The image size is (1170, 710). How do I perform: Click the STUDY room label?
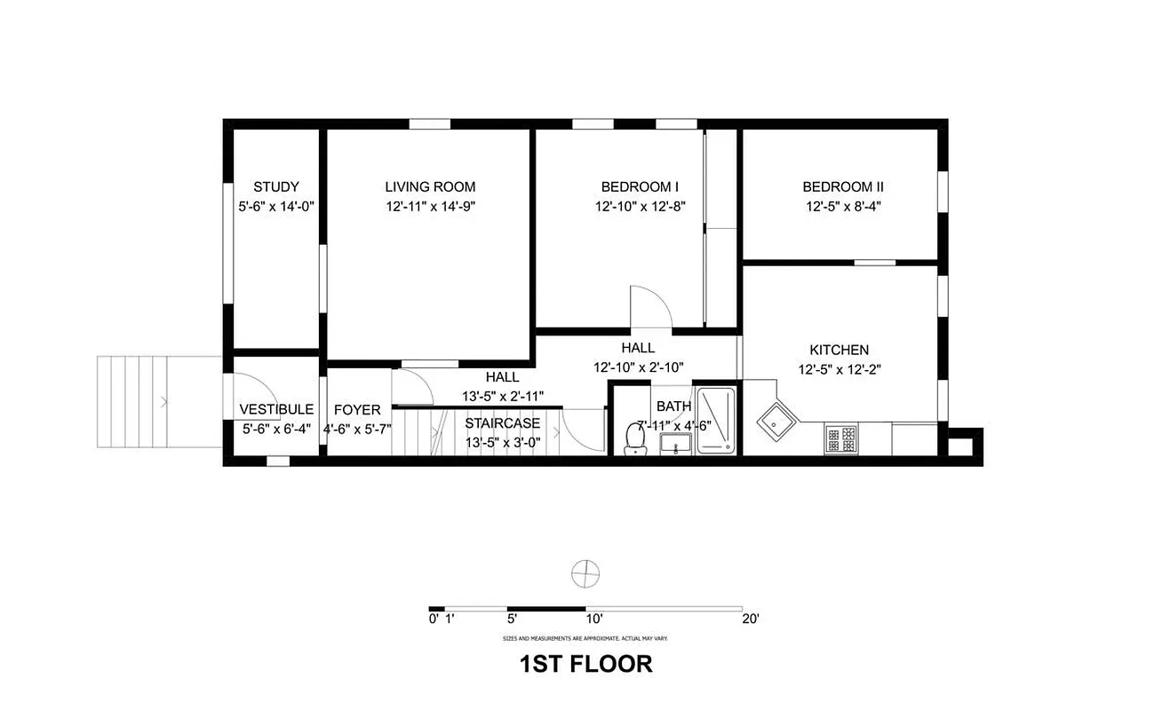click(275, 186)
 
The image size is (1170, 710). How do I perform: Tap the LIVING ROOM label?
click(430, 186)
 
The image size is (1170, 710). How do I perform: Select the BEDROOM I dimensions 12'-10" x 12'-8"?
click(640, 206)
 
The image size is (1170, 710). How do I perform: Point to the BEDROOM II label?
click(842, 186)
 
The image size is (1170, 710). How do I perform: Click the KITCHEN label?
click(839, 350)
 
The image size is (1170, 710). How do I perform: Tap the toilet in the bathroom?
click(635, 438)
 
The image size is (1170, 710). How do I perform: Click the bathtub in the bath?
click(718, 421)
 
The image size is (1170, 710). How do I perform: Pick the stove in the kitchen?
click(841, 438)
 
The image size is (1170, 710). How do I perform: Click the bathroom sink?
click(678, 445)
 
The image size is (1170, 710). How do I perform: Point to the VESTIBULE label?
click(276, 409)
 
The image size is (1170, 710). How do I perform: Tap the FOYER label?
click(357, 410)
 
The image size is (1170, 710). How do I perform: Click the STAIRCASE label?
click(502, 422)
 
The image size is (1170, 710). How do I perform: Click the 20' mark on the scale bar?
click(751, 619)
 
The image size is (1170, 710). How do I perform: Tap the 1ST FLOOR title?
click(585, 663)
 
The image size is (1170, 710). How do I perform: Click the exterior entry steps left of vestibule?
click(133, 402)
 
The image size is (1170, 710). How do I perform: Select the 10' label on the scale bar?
click(594, 619)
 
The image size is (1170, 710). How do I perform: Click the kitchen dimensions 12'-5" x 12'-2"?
click(839, 369)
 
